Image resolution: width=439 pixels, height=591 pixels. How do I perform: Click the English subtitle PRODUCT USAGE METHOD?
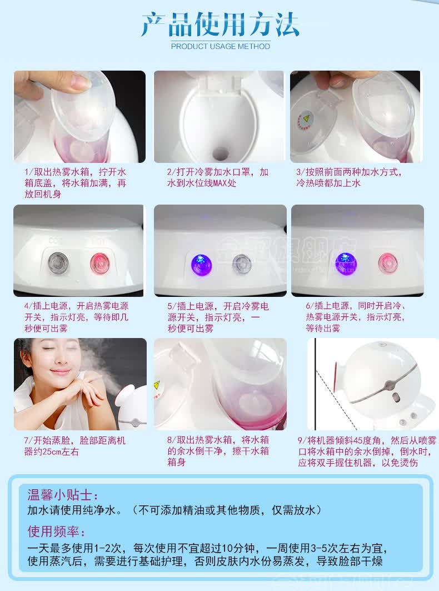tap(221, 46)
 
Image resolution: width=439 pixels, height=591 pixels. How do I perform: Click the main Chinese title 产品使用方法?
tap(221, 24)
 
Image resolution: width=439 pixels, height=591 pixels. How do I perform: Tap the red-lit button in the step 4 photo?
tap(100, 263)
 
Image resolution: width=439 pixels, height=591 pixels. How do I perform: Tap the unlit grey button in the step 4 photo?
tap(58, 263)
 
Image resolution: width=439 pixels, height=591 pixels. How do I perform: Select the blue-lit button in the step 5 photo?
tap(202, 264)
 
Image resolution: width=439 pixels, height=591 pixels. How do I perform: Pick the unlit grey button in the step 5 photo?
tap(242, 264)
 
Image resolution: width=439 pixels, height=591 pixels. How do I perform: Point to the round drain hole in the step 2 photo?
tap(220, 153)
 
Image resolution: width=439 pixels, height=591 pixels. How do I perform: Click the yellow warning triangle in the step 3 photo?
tap(306, 118)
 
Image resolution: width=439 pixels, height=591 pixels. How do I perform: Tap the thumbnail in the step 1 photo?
tap(79, 80)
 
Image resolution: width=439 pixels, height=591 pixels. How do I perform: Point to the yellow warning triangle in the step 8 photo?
tap(157, 385)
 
